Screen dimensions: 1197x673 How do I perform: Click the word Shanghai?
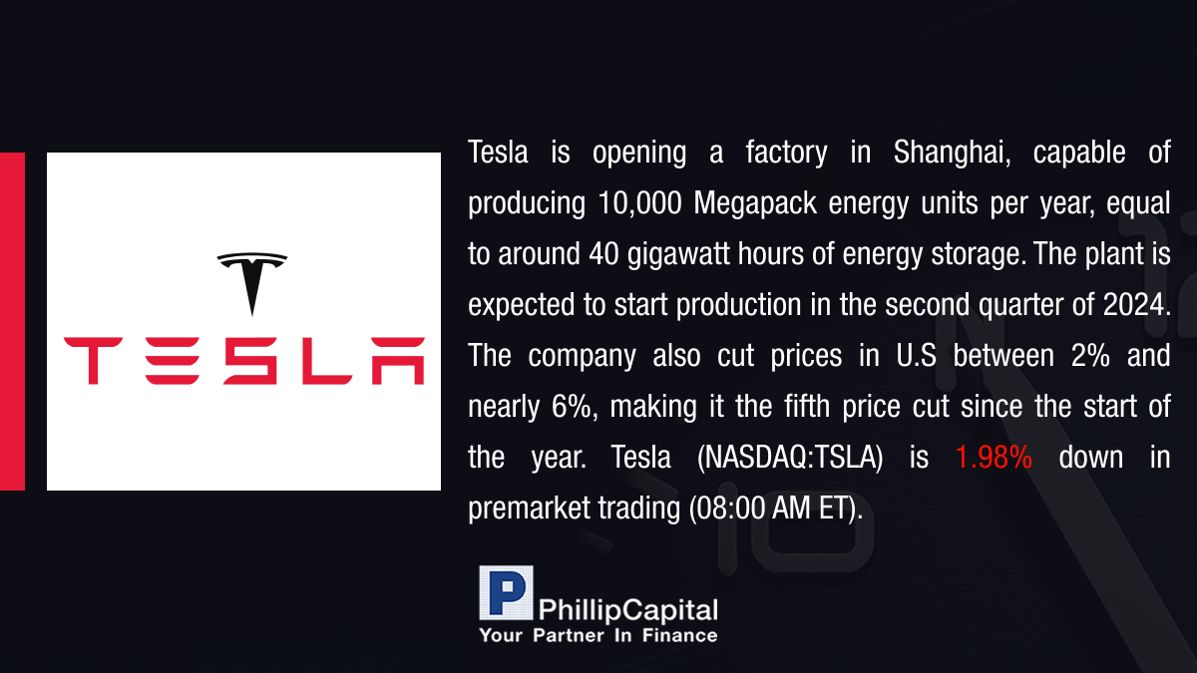pyautogui.click(x=952, y=153)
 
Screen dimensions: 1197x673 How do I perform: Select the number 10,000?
pyautogui.click(x=639, y=203)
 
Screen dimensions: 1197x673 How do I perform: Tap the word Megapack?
pyautogui.click(x=755, y=204)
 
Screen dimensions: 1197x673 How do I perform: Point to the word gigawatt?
pyautogui.click(x=678, y=255)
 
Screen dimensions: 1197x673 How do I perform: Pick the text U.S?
pyautogui.click(x=916, y=356)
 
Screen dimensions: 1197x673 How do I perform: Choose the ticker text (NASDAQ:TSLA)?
pyautogui.click(x=790, y=458)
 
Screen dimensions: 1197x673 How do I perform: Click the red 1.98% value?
pyautogui.click(x=994, y=458)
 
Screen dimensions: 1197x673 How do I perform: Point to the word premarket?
pyautogui.click(x=529, y=508)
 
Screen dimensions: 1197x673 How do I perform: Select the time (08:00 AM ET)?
pyautogui.click(x=776, y=508)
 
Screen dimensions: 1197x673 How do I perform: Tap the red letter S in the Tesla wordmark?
pyautogui.click(x=250, y=361)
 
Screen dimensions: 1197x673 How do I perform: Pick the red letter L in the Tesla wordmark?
pyautogui.click(x=327, y=361)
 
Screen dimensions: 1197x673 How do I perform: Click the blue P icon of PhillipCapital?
pyautogui.click(x=506, y=593)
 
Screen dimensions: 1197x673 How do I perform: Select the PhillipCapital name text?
pyautogui.click(x=627, y=610)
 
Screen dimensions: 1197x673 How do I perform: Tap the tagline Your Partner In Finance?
pyautogui.click(x=598, y=636)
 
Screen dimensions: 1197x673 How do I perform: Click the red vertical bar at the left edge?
pyautogui.click(x=12, y=321)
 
